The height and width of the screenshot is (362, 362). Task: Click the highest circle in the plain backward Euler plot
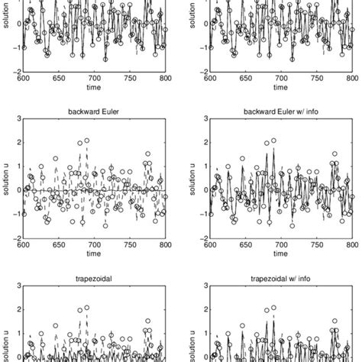86,141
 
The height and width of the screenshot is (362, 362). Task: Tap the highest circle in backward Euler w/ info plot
273,141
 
